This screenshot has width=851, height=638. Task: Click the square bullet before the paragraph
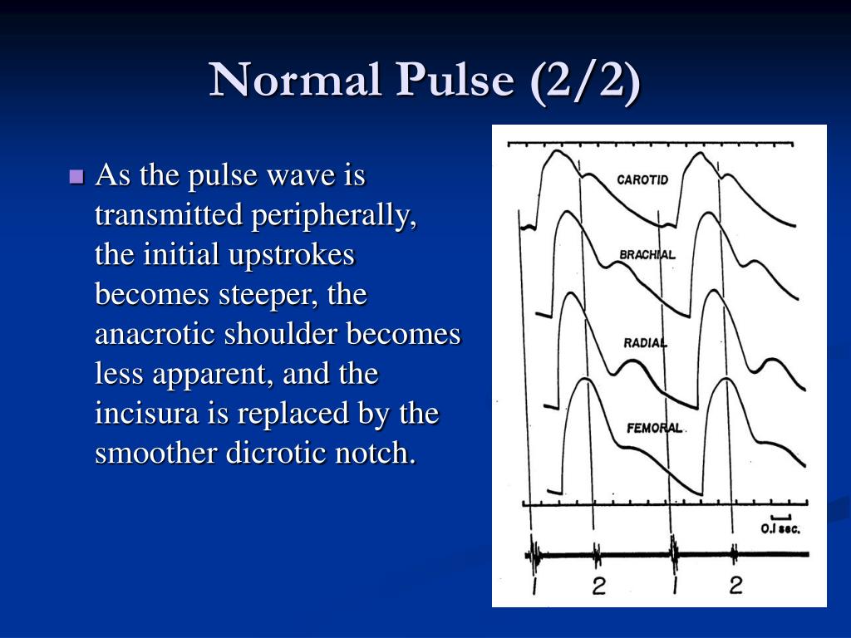point(77,176)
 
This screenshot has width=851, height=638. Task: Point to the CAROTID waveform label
point(642,179)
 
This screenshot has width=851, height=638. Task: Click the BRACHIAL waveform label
point(647,255)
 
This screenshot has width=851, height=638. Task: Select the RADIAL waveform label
point(645,342)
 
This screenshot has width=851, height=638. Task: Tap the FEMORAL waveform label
point(654,429)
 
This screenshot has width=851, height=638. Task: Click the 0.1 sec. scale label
point(780,529)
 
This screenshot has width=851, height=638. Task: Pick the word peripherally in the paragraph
point(333,215)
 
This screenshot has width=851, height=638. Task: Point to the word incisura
point(144,414)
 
